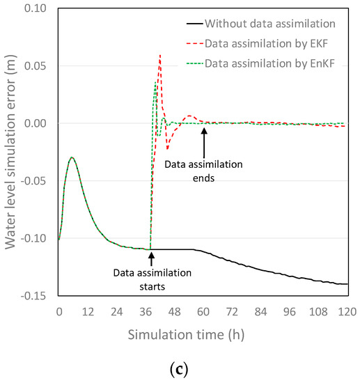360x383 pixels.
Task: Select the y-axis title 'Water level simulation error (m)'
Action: click(11, 152)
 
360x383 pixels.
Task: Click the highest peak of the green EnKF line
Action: click(155, 82)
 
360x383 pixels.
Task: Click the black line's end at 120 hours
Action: click(347, 284)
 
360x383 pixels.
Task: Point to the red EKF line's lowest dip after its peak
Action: click(167, 148)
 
